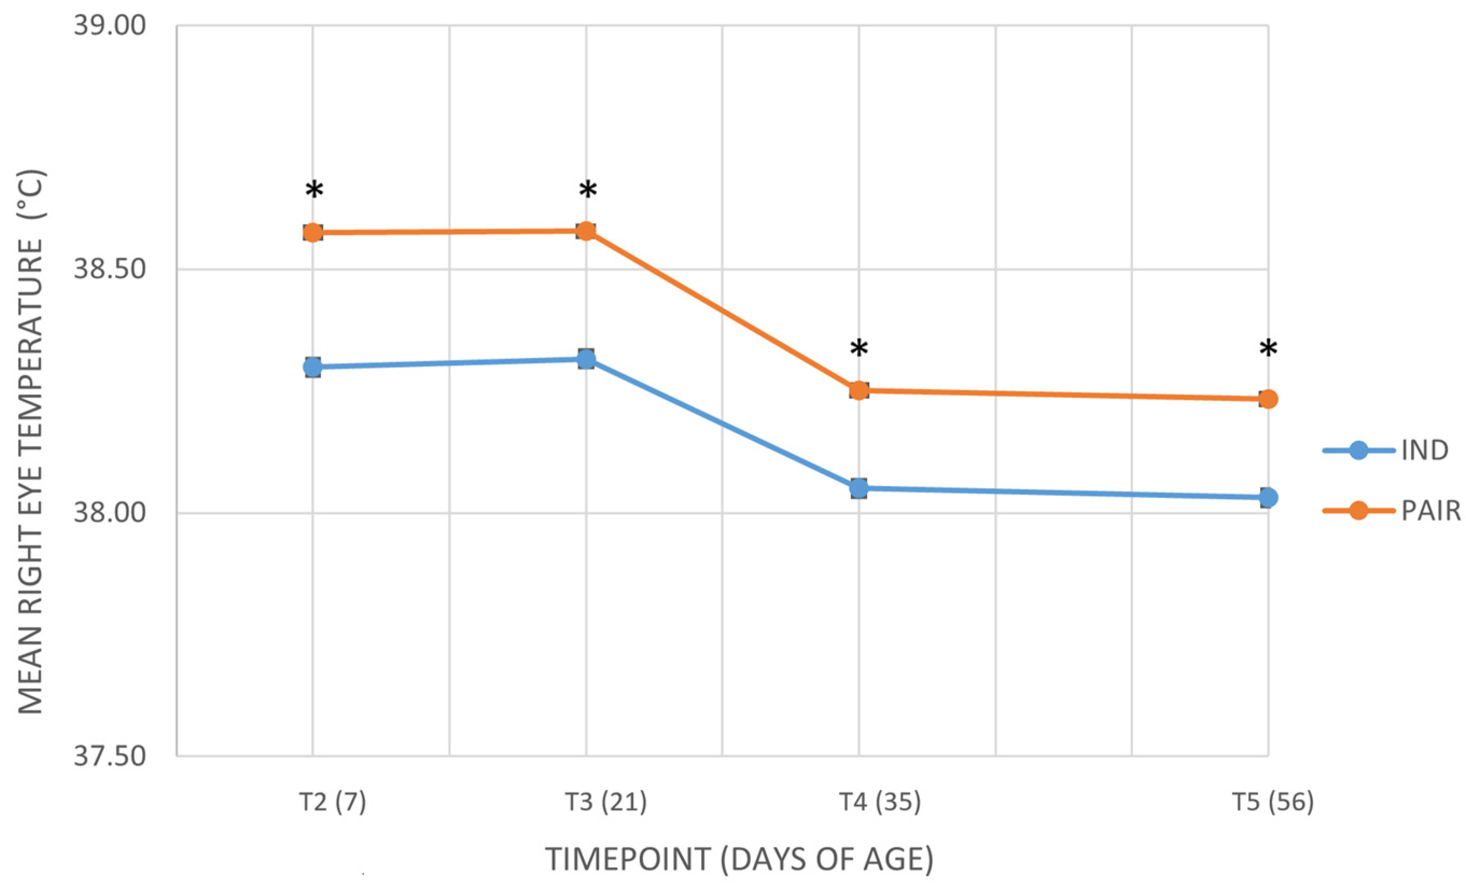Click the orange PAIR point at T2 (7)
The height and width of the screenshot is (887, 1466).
pyautogui.click(x=313, y=232)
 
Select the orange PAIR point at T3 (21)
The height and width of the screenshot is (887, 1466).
pyautogui.click(x=586, y=231)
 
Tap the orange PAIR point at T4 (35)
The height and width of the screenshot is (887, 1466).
pyautogui.click(x=858, y=390)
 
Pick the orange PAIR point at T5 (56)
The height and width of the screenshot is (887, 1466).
pyautogui.click(x=1268, y=399)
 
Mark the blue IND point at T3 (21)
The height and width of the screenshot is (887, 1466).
pyautogui.click(x=586, y=359)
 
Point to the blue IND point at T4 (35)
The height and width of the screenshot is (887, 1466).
pyautogui.click(x=858, y=488)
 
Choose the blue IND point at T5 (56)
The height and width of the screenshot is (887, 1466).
pyautogui.click(x=1268, y=497)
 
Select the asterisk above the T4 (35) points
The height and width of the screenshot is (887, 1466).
pyautogui.click(x=858, y=348)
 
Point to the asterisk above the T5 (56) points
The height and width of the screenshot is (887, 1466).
pyautogui.click(x=1268, y=348)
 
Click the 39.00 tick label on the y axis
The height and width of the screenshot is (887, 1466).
pyautogui.click(x=110, y=26)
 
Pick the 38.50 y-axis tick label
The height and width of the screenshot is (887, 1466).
pyautogui.click(x=110, y=269)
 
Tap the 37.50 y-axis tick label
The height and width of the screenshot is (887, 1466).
pyautogui.click(x=110, y=757)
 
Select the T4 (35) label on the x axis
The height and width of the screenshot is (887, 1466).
pyautogui.click(x=880, y=802)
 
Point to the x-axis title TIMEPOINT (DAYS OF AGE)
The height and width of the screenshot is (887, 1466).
pyautogui.click(x=739, y=860)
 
